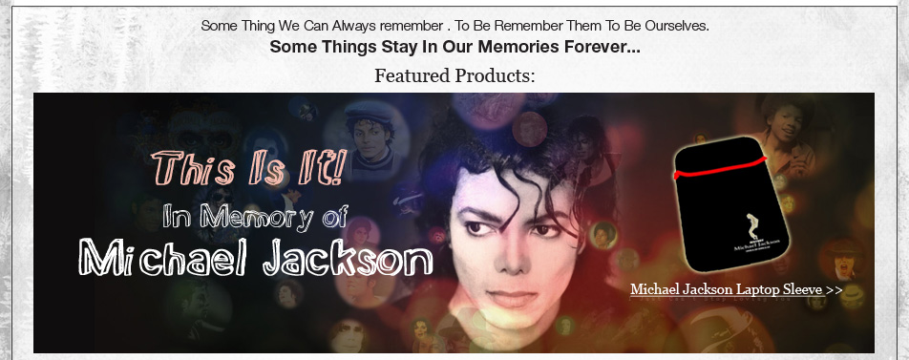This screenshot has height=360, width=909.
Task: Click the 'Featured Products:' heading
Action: tap(454, 75)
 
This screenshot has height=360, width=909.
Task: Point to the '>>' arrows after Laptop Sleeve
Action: tap(834, 289)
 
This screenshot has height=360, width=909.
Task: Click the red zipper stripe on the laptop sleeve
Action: tap(720, 167)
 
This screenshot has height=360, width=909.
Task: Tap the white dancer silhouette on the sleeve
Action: tap(753, 226)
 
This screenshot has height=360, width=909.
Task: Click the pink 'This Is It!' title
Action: tap(249, 167)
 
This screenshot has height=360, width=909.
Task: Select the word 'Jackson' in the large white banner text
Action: tap(348, 258)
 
